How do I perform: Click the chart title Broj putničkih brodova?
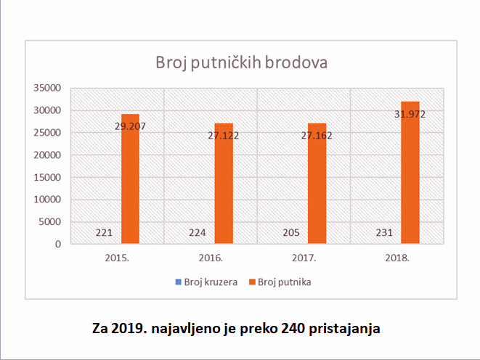(241, 62)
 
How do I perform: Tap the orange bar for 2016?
(224, 189)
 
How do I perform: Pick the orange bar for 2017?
(317, 189)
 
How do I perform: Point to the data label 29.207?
(130, 125)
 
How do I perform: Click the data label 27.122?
(223, 135)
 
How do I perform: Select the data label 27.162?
(317, 135)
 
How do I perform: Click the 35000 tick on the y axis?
(47, 88)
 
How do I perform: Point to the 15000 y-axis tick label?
(47, 177)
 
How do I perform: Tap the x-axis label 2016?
(211, 258)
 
